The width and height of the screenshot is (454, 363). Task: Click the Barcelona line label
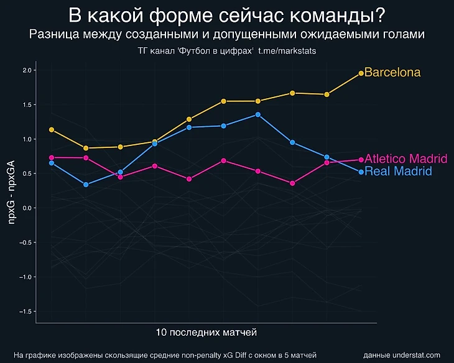(x=392, y=73)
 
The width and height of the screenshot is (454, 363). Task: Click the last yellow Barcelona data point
(x=361, y=73)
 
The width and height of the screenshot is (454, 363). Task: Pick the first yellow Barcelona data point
(x=52, y=130)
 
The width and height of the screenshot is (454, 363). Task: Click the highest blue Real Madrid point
(x=258, y=114)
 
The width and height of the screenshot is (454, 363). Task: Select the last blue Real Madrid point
(x=361, y=172)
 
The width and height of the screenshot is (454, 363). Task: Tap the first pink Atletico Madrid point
(x=52, y=157)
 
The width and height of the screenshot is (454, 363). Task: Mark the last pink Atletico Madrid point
(x=361, y=160)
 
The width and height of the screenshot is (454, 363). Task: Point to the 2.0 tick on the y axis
(x=26, y=70)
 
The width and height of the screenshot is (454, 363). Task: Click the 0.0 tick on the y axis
(x=26, y=208)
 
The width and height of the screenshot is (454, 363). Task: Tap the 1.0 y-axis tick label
(x=26, y=139)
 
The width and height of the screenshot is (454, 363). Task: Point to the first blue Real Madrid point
(x=52, y=163)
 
